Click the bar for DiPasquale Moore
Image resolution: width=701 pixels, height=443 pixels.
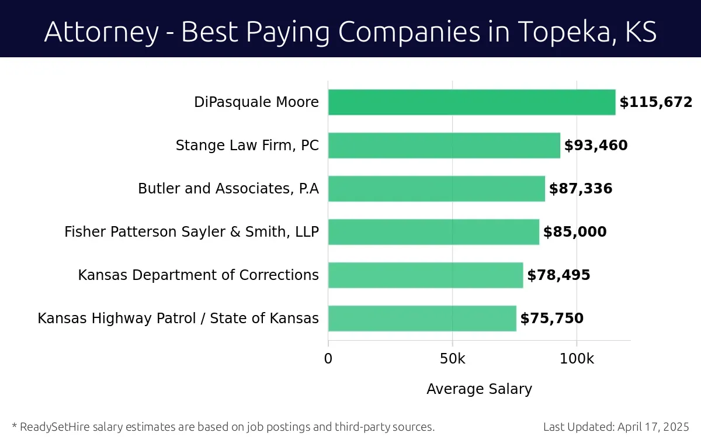(x=471, y=102)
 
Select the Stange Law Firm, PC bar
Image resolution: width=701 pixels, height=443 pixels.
(x=444, y=146)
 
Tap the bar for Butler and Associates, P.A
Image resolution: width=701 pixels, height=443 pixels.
(x=436, y=189)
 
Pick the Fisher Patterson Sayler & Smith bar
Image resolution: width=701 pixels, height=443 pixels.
(x=433, y=232)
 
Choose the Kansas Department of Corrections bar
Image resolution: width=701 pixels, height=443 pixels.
(x=425, y=275)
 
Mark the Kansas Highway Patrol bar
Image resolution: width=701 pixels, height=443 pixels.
(x=422, y=319)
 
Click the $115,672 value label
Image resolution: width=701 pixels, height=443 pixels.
(x=655, y=103)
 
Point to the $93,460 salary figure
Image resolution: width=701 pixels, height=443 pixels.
(x=595, y=146)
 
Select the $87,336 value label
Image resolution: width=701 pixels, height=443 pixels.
(x=580, y=189)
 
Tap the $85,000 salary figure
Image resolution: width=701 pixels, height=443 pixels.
(x=574, y=232)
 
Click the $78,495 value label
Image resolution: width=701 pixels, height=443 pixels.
(x=558, y=275)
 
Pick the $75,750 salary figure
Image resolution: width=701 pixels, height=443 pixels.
(x=551, y=319)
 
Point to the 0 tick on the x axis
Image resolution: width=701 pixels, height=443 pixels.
(x=328, y=359)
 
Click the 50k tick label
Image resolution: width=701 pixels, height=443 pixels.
(x=452, y=359)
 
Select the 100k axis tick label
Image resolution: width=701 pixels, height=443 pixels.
(x=577, y=359)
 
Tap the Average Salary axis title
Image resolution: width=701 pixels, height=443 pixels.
(x=479, y=389)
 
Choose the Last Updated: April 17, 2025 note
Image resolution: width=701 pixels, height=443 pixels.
(x=616, y=427)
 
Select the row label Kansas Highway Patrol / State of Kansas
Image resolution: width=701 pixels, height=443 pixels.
(x=178, y=319)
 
